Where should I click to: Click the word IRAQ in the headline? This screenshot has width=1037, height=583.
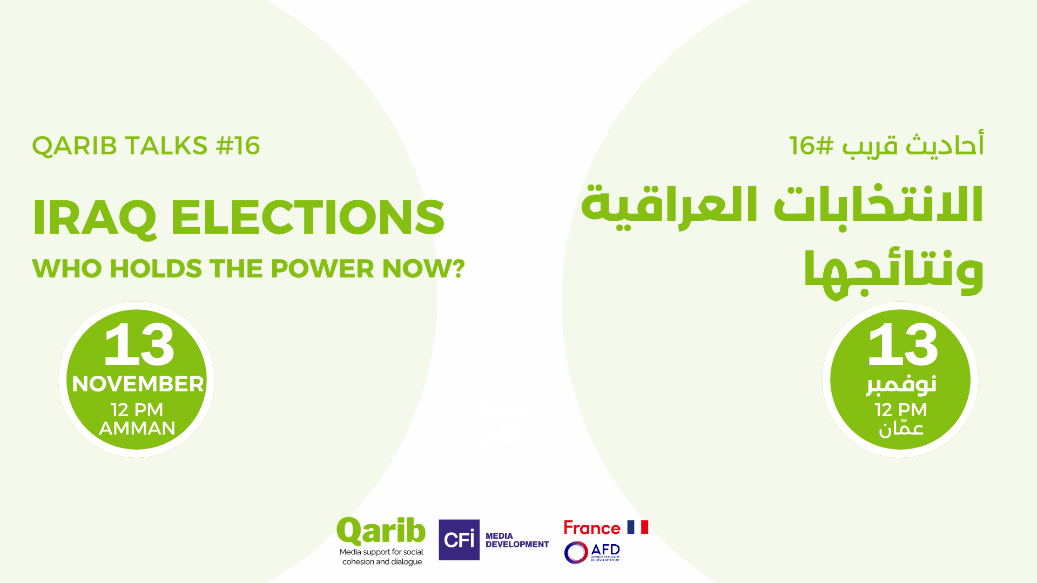pos(94,218)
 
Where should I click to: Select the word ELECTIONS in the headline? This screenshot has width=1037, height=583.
pos(308,217)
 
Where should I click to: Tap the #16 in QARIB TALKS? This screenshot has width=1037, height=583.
pos(238,146)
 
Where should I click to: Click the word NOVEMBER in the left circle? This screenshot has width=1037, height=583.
pos(138,384)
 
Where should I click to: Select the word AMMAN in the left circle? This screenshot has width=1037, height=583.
pos(137,428)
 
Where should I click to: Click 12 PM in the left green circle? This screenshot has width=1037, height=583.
pos(137,410)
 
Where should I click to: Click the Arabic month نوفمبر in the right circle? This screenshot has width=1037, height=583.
pos(901,384)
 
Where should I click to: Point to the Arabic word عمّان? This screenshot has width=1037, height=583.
pos(901,429)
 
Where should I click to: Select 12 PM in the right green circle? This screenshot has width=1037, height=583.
pos(900,410)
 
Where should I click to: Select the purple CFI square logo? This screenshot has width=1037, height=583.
pos(459,540)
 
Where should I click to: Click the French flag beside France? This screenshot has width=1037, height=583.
pos(638,527)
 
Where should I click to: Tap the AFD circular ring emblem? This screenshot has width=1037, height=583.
pos(576,553)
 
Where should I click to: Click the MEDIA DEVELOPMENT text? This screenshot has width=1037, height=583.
pos(517,540)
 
